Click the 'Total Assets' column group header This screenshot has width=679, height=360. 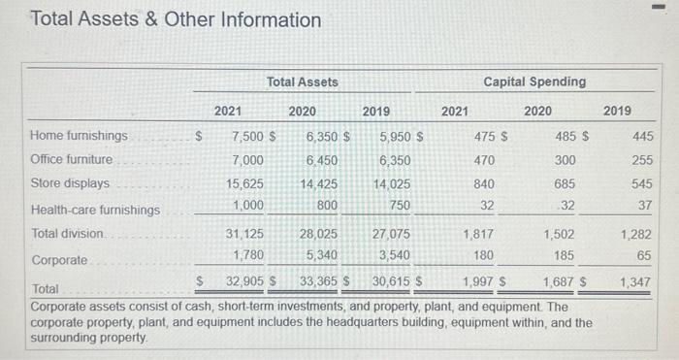click(x=303, y=82)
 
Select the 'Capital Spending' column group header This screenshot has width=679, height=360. click(x=535, y=82)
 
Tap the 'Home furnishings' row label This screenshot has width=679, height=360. click(x=80, y=136)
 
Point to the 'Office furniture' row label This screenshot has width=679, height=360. click(x=72, y=159)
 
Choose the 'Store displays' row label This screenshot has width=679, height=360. click(x=71, y=183)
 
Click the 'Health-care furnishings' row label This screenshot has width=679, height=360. click(x=95, y=210)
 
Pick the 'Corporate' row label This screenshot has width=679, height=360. click(x=59, y=260)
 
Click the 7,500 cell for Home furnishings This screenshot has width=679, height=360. click(x=246, y=136)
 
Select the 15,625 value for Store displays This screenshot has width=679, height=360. click(x=243, y=183)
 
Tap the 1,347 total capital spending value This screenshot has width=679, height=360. click(x=636, y=281)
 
